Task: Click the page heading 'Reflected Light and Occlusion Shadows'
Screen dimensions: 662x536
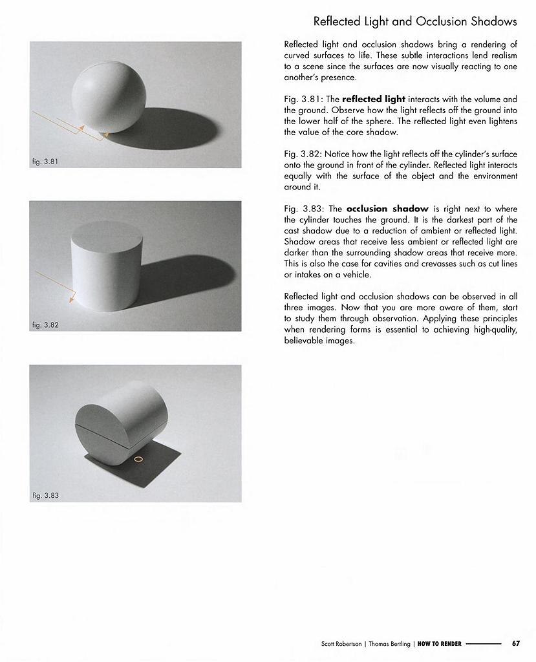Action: coord(415,21)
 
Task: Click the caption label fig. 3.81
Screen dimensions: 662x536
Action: coord(45,161)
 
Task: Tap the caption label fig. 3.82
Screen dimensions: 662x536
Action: coord(45,325)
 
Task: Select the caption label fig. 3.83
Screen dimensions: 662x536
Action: coord(45,495)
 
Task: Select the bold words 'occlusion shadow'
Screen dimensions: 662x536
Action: coord(387,209)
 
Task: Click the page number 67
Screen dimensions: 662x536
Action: coord(516,643)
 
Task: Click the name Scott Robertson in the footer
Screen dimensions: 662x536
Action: coord(342,644)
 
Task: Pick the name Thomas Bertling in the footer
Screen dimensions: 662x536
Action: coord(389,644)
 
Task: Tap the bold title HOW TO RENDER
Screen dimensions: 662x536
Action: coord(439,644)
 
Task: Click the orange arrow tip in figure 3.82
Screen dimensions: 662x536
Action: coord(70,302)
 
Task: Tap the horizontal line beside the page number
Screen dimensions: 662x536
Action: coord(483,644)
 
